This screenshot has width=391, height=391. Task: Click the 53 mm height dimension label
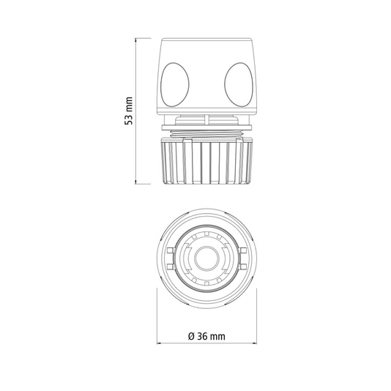click(129, 111)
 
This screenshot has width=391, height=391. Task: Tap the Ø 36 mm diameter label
click(206, 336)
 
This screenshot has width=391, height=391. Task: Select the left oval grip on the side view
click(174, 84)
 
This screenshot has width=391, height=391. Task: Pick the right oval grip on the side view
click(239, 84)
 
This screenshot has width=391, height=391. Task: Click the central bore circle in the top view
click(206, 258)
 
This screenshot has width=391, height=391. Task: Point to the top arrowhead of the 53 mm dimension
click(135, 40)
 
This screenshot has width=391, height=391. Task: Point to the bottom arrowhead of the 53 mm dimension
click(135, 182)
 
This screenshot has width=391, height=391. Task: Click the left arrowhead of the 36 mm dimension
click(159, 343)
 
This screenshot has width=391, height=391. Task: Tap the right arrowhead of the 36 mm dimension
click(254, 343)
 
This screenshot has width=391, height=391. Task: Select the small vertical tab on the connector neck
click(206, 119)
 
